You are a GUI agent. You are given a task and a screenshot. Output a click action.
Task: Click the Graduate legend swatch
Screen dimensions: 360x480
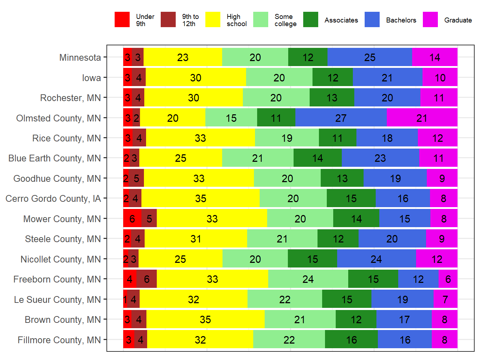(430, 20)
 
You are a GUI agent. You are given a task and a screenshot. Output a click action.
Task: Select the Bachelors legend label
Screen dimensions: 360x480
(401, 20)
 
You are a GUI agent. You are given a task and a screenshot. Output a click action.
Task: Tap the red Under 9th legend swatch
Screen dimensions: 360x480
(122, 20)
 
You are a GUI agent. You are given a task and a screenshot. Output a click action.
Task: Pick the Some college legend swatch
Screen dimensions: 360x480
(261, 20)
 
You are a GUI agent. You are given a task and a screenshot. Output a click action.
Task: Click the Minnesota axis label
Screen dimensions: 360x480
(80, 57)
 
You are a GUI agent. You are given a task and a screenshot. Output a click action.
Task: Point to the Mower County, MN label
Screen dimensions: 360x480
(62, 219)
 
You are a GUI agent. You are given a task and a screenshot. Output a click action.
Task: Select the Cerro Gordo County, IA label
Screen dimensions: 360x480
(53, 199)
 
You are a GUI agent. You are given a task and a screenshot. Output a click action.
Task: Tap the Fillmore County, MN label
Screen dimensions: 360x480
(59, 340)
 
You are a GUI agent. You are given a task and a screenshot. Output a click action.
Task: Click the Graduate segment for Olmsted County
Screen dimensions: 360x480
(422, 118)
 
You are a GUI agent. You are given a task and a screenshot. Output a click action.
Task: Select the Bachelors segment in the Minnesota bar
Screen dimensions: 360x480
(370, 57)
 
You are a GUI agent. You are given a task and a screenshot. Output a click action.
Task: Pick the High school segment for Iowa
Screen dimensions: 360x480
(196, 77)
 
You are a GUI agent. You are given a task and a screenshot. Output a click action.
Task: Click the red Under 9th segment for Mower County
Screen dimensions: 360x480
(132, 219)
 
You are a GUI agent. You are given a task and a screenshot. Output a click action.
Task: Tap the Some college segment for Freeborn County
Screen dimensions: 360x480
(308, 279)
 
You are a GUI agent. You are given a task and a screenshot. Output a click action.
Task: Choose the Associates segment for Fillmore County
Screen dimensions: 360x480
(351, 340)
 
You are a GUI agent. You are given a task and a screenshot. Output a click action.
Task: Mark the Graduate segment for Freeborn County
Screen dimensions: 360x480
(448, 279)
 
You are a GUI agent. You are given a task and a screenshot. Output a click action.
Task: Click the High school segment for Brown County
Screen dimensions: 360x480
(205, 319)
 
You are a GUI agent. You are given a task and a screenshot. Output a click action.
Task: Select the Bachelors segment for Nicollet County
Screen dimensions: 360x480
(376, 259)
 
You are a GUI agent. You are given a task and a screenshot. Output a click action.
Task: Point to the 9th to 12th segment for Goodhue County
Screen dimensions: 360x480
(136, 178)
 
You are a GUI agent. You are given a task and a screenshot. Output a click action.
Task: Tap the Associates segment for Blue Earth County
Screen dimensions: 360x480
(317, 158)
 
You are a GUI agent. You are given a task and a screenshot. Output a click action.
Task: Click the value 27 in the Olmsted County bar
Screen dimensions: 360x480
(341, 118)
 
